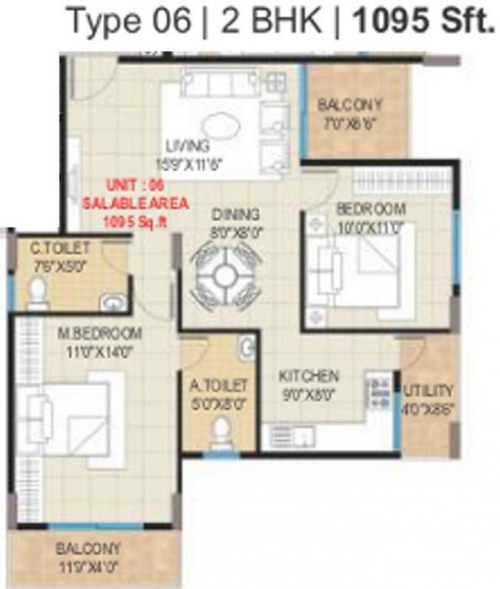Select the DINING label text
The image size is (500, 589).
tap(235, 214)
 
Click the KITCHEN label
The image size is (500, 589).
tap(311, 376)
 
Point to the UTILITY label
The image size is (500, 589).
tap(428, 390)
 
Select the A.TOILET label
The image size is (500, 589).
tap(218, 385)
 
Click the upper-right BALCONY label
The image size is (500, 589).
tap(349, 106)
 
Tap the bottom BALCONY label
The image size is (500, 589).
tap(88, 548)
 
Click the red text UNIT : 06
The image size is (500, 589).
tap(136, 186)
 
